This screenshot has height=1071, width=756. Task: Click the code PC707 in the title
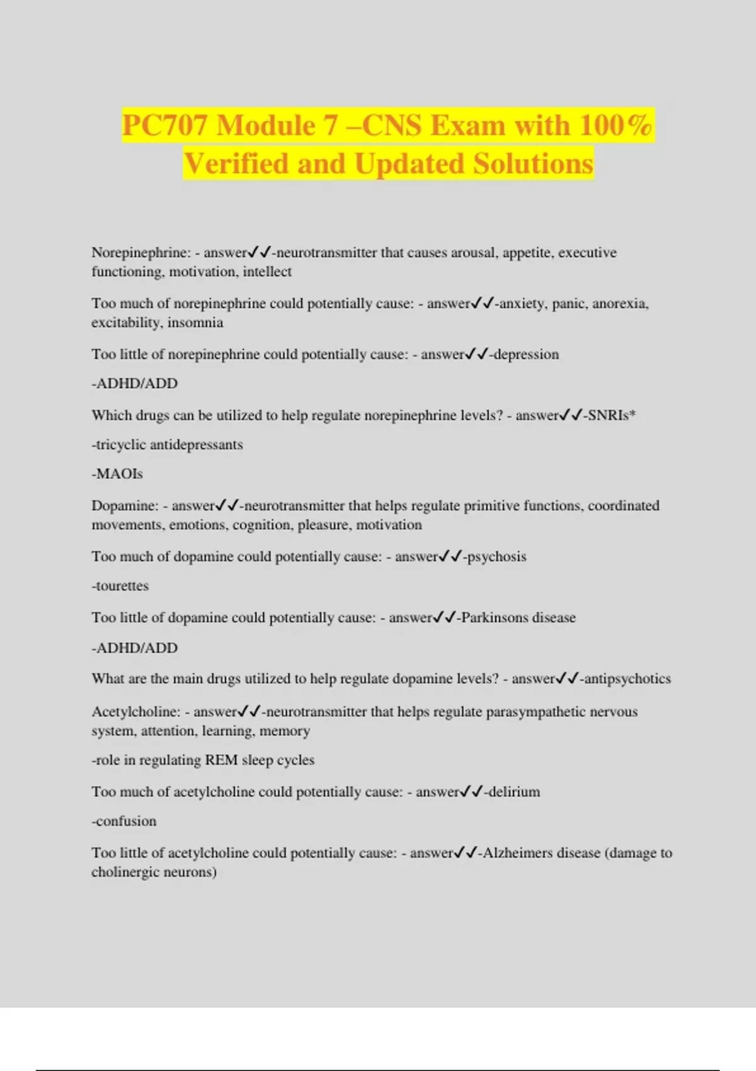point(164,125)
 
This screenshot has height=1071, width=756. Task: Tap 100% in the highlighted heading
point(616,125)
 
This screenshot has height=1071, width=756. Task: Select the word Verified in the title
point(236,164)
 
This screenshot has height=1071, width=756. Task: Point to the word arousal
point(472,253)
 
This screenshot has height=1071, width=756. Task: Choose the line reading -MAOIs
point(117,474)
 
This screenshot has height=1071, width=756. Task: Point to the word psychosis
point(496,557)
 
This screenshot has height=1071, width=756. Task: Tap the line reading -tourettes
point(120,586)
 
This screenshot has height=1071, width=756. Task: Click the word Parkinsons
point(495,617)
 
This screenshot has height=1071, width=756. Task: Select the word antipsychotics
point(627,679)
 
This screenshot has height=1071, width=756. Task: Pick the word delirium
point(513,792)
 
